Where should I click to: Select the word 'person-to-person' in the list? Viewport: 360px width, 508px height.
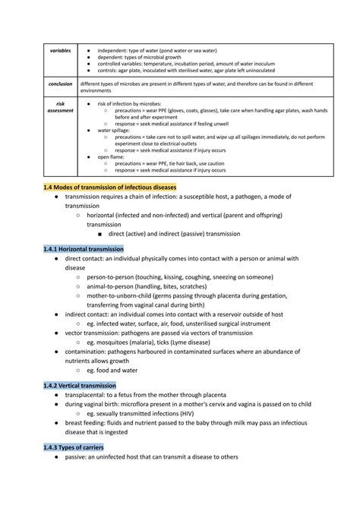(112, 279)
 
